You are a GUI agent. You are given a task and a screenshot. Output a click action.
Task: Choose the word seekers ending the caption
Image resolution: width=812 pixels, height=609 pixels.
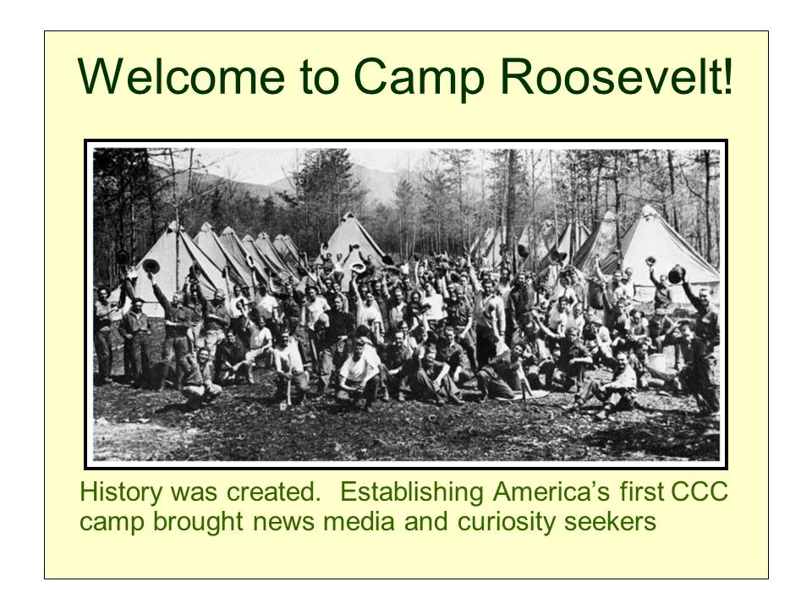617,522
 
